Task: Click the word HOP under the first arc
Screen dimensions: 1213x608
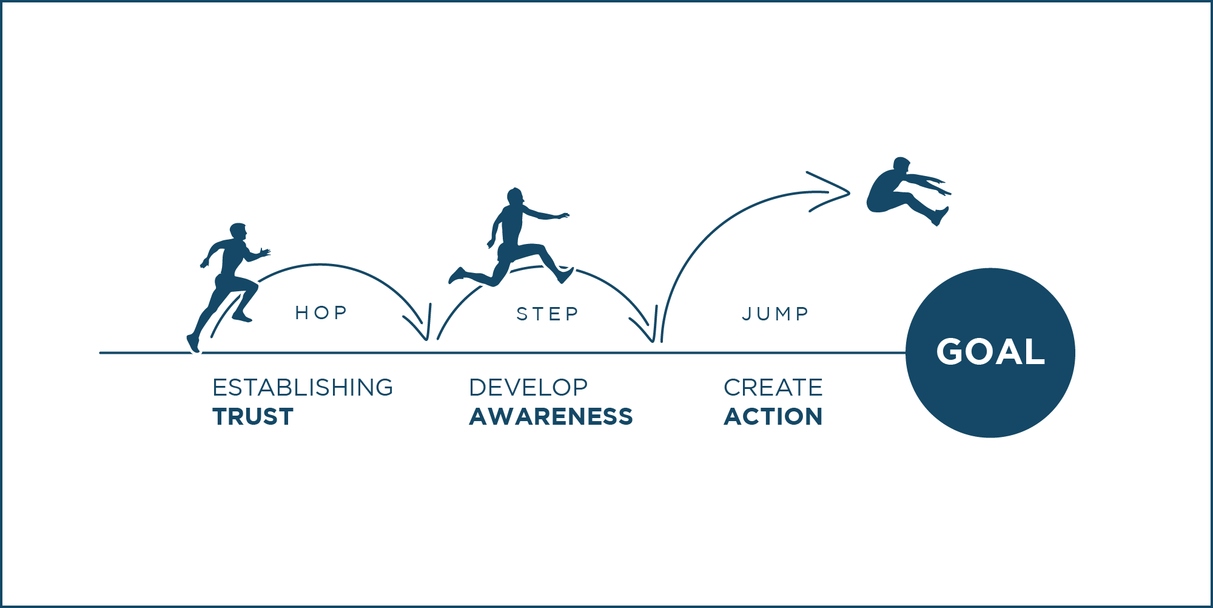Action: coord(321,312)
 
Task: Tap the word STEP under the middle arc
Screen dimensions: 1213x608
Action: coord(548,314)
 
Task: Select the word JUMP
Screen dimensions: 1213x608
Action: coord(776,314)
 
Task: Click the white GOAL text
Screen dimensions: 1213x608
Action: coord(990,352)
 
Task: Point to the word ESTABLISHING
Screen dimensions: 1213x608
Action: coord(303,388)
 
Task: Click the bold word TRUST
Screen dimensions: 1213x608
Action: coord(253,417)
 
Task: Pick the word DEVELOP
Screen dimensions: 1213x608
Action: coord(528,388)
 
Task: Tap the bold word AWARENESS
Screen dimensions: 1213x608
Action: coord(551,417)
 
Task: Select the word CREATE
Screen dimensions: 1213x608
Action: coord(773,388)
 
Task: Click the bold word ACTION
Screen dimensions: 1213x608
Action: coord(773,417)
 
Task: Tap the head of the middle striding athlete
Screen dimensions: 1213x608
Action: coord(515,197)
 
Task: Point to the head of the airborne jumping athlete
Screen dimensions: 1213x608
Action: coord(902,165)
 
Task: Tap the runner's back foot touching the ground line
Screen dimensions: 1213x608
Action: coord(193,343)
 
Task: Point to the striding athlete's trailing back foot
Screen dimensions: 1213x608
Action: coord(457,275)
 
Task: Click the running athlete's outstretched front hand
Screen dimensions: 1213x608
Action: coord(264,252)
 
